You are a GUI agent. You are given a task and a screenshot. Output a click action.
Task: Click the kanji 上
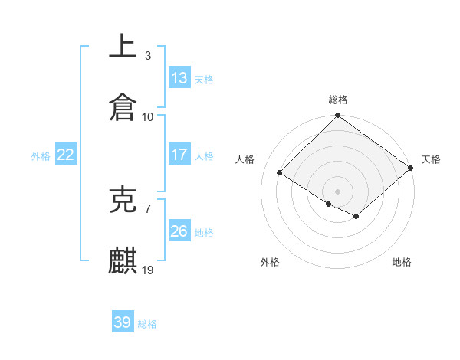click(123, 45)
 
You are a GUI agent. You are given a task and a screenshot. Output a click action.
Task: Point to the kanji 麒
click(123, 260)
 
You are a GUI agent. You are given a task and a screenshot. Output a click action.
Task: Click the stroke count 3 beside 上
click(148, 55)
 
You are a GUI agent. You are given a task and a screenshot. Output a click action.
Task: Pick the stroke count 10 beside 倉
click(148, 116)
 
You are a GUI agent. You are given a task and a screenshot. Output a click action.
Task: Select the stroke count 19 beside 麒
click(148, 270)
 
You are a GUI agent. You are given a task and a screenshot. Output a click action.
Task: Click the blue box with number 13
click(179, 78)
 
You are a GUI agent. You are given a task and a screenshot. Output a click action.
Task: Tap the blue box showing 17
click(179, 155)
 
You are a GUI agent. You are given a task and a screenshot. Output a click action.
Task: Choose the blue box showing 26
click(179, 231)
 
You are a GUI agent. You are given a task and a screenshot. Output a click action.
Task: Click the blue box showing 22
click(66, 155)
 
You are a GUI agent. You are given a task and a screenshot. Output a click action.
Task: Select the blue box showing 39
click(123, 322)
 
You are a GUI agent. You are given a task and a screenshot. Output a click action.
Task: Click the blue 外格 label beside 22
click(41, 155)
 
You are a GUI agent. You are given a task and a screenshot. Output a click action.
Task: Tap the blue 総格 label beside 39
click(147, 324)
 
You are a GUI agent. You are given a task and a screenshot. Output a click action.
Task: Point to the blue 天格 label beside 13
click(204, 79)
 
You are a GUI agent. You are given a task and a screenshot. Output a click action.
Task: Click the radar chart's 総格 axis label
click(338, 100)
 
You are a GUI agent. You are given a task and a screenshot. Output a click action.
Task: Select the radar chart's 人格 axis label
click(245, 159)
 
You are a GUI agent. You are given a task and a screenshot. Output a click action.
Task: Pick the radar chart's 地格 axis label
click(402, 262)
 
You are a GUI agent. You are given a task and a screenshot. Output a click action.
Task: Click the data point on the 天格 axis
click(412, 169)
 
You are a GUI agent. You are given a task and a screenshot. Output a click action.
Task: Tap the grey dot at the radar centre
click(338, 191)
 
